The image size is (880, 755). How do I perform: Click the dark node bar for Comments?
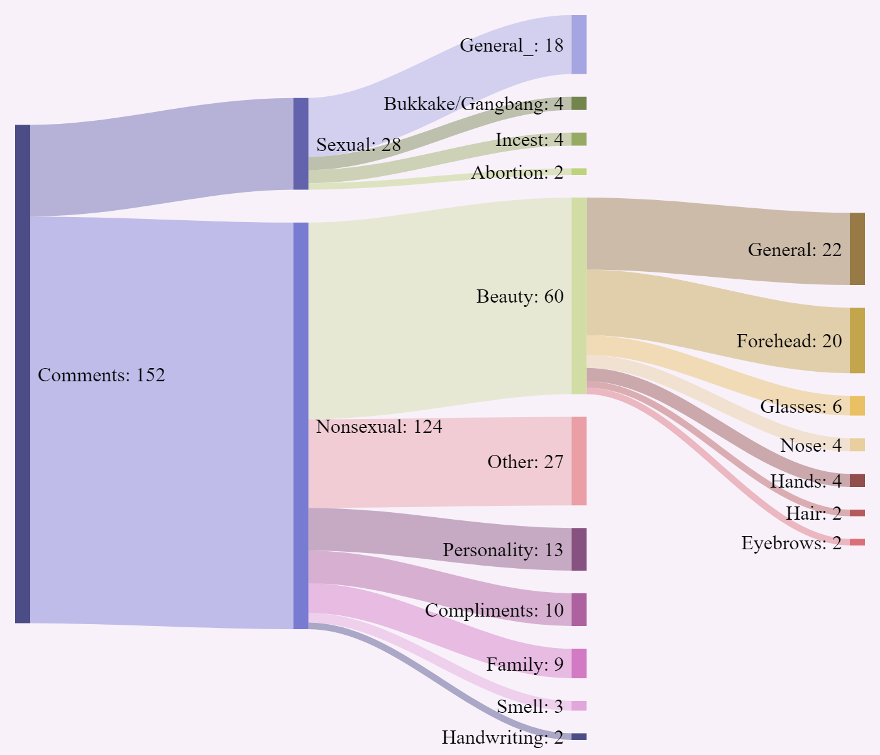tap(23, 374)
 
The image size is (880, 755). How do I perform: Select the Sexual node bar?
tap(300, 143)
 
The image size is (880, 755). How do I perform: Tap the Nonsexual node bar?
tap(300, 425)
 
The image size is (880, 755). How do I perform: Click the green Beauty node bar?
tap(579, 296)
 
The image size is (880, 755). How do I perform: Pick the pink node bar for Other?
tap(579, 461)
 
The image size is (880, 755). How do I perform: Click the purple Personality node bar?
tap(579, 549)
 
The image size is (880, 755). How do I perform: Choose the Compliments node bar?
tap(579, 610)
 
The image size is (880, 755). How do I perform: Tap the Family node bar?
tap(579, 663)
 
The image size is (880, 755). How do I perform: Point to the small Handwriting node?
tap(579, 736)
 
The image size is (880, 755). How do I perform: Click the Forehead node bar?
tap(857, 340)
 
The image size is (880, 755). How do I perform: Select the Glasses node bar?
tap(857, 406)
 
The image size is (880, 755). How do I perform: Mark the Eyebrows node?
tap(857, 542)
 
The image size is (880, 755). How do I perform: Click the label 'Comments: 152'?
tap(101, 375)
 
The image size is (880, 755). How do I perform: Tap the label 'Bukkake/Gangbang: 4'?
tap(473, 104)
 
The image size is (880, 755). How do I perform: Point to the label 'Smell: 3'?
tap(529, 707)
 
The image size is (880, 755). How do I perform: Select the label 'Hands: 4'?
tap(805, 481)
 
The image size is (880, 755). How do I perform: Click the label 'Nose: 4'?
tap(810, 445)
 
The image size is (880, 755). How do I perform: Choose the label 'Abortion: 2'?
tap(517, 172)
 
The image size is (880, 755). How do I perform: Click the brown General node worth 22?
tap(857, 249)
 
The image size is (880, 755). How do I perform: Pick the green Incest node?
tap(579, 139)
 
